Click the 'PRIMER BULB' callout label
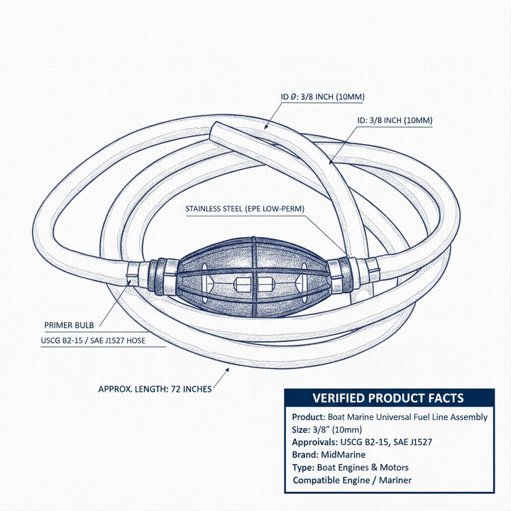tap(69, 325)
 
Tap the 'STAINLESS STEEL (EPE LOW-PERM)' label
tap(245, 209)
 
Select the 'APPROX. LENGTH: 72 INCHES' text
tap(155, 389)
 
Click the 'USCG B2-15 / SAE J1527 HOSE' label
tap(93, 341)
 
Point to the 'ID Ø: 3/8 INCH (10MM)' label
tap(323, 97)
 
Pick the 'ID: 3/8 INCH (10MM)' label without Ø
tap(395, 120)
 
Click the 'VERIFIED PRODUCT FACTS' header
tap(388, 398)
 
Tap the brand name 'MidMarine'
tap(344, 455)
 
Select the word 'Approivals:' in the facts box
tap(315, 442)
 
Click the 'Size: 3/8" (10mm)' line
tap(327, 429)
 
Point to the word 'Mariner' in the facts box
tap(395, 480)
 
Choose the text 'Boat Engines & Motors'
tap(363, 467)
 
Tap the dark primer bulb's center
tap(253, 278)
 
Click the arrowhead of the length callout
tap(227, 370)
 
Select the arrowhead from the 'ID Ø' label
tap(266, 127)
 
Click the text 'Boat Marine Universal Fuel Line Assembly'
tap(407, 417)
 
